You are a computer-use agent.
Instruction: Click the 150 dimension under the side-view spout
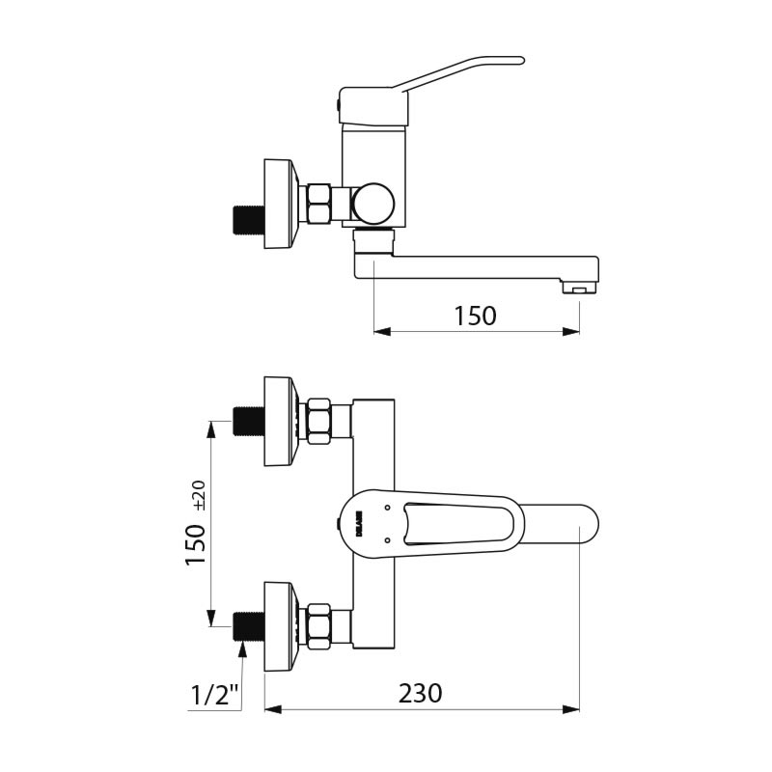click(x=475, y=316)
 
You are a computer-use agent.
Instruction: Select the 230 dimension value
click(x=420, y=693)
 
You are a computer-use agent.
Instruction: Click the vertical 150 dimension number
click(x=196, y=544)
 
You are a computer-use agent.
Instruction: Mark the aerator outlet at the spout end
click(x=578, y=288)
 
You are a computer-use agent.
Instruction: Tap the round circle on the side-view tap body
click(x=373, y=204)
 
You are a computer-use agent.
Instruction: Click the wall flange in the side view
click(x=278, y=204)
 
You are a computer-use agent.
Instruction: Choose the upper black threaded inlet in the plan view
click(x=249, y=421)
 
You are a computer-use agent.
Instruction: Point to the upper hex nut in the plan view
click(x=318, y=421)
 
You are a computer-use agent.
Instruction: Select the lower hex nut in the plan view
click(x=318, y=626)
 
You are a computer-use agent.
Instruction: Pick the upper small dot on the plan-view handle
click(x=386, y=507)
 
